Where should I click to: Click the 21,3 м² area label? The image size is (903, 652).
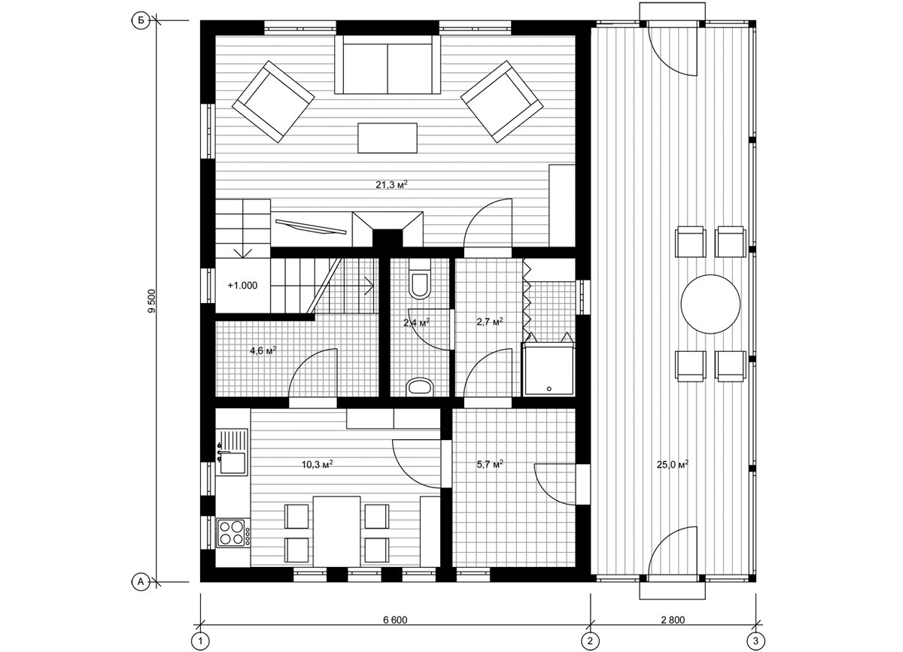391,184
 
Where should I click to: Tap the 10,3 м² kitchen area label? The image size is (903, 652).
318,464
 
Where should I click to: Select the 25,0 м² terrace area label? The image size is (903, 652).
673,464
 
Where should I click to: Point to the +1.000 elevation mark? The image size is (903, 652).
242,285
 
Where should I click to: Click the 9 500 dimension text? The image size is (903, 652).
151,301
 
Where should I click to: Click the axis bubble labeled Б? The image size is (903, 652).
141,21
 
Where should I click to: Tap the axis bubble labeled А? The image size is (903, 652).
141,581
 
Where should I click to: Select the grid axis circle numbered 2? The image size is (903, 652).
591,640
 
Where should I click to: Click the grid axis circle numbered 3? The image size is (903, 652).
756,640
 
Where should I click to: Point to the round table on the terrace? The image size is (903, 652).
710,304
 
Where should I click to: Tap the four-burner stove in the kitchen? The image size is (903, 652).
232,532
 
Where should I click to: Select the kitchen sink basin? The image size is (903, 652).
233,462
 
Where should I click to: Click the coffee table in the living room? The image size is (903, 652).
388,138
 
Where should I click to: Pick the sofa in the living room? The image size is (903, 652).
388,65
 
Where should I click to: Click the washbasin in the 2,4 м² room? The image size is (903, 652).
420,386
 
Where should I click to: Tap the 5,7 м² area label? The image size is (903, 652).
490,464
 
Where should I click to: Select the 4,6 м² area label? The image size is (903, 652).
263,350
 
